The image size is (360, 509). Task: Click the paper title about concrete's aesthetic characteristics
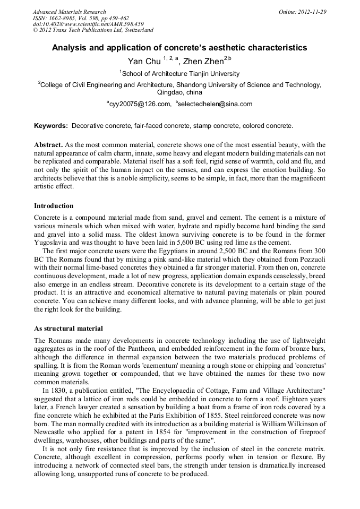179,48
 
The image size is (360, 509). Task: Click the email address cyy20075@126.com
140,104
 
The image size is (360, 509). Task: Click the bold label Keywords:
51,126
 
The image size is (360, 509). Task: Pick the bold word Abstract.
48,145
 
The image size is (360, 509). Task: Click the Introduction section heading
54,205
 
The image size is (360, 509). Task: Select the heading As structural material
68,329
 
